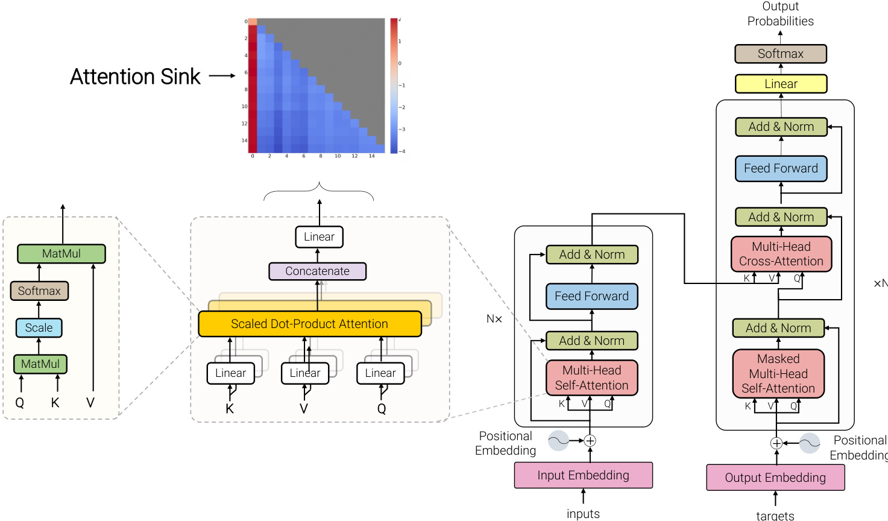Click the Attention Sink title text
click(135, 77)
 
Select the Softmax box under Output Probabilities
click(780, 54)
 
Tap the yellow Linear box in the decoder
click(781, 84)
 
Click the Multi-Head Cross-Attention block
click(781, 254)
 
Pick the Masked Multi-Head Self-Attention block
click(778, 374)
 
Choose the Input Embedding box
click(583, 475)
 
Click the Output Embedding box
click(775, 478)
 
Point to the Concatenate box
click(317, 271)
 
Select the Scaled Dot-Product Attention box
click(309, 324)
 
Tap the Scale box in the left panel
click(39, 328)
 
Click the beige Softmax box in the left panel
click(39, 291)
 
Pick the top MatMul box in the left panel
click(61, 254)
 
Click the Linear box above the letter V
click(305, 373)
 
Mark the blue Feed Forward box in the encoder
click(591, 296)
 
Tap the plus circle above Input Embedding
click(590, 441)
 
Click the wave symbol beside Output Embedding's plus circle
click(809, 443)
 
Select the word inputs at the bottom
click(583, 514)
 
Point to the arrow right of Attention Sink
click(222, 76)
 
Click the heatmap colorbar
click(394, 86)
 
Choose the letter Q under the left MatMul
click(20, 403)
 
